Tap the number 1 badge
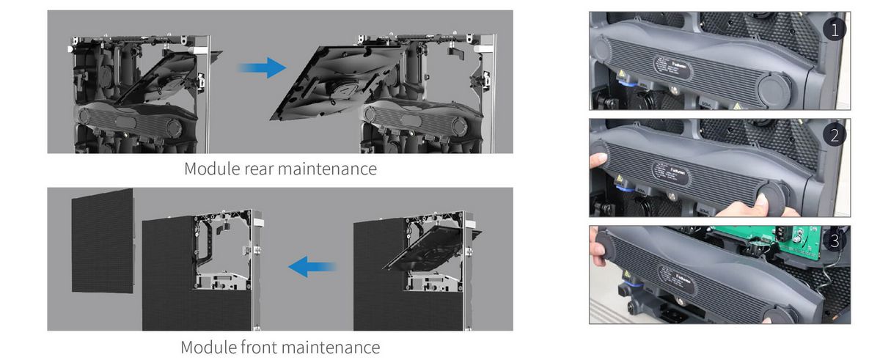click(x=834, y=29)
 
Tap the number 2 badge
click(x=834, y=135)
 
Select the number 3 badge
click(x=835, y=240)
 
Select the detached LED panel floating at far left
click(x=103, y=240)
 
